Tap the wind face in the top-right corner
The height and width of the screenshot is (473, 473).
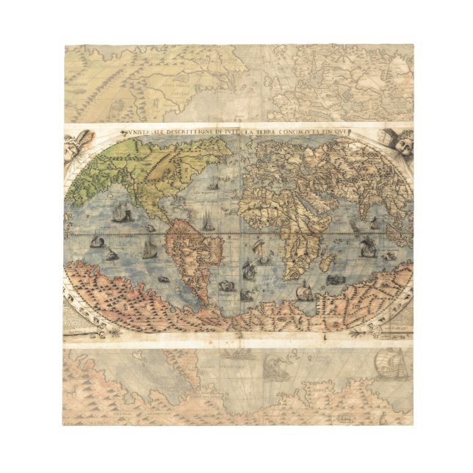click(x=397, y=145)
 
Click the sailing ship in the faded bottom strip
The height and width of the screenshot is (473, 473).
click(x=389, y=364)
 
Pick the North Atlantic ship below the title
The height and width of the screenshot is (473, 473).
click(x=212, y=183)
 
